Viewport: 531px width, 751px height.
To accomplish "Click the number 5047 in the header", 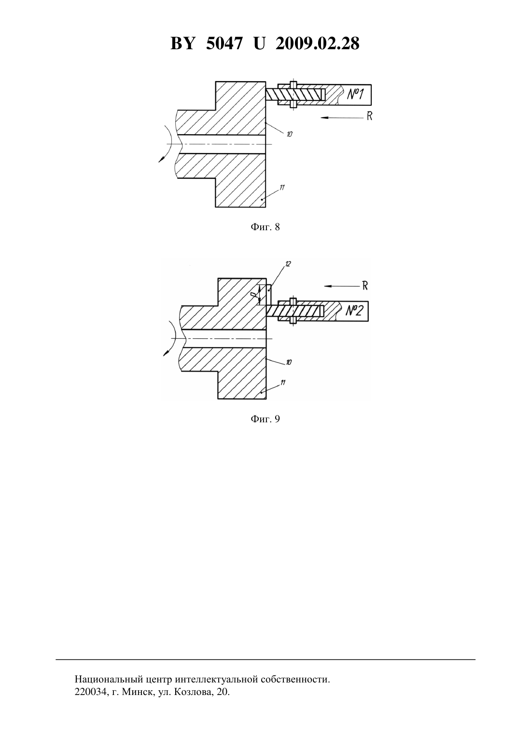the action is point(224,43).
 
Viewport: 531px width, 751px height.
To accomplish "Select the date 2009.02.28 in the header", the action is point(318,43).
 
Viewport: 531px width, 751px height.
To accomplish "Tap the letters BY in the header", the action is point(182,43).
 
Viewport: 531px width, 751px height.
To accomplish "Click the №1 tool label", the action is point(355,94).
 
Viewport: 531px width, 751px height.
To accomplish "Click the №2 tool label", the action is point(354,311).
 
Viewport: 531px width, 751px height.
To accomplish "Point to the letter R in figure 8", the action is point(369,116).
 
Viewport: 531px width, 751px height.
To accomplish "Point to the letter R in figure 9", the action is point(365,286).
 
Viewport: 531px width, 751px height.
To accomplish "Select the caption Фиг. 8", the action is point(265,227).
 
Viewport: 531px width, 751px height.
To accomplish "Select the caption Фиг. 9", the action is point(265,419).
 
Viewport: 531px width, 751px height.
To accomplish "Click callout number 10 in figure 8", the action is point(289,135).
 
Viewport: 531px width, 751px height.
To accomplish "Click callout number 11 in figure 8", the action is point(282,187).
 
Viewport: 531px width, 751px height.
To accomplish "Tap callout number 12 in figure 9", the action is point(288,264).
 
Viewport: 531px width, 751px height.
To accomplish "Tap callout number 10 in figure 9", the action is point(289,362).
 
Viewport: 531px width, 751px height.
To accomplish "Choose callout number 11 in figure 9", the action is point(282,382).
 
